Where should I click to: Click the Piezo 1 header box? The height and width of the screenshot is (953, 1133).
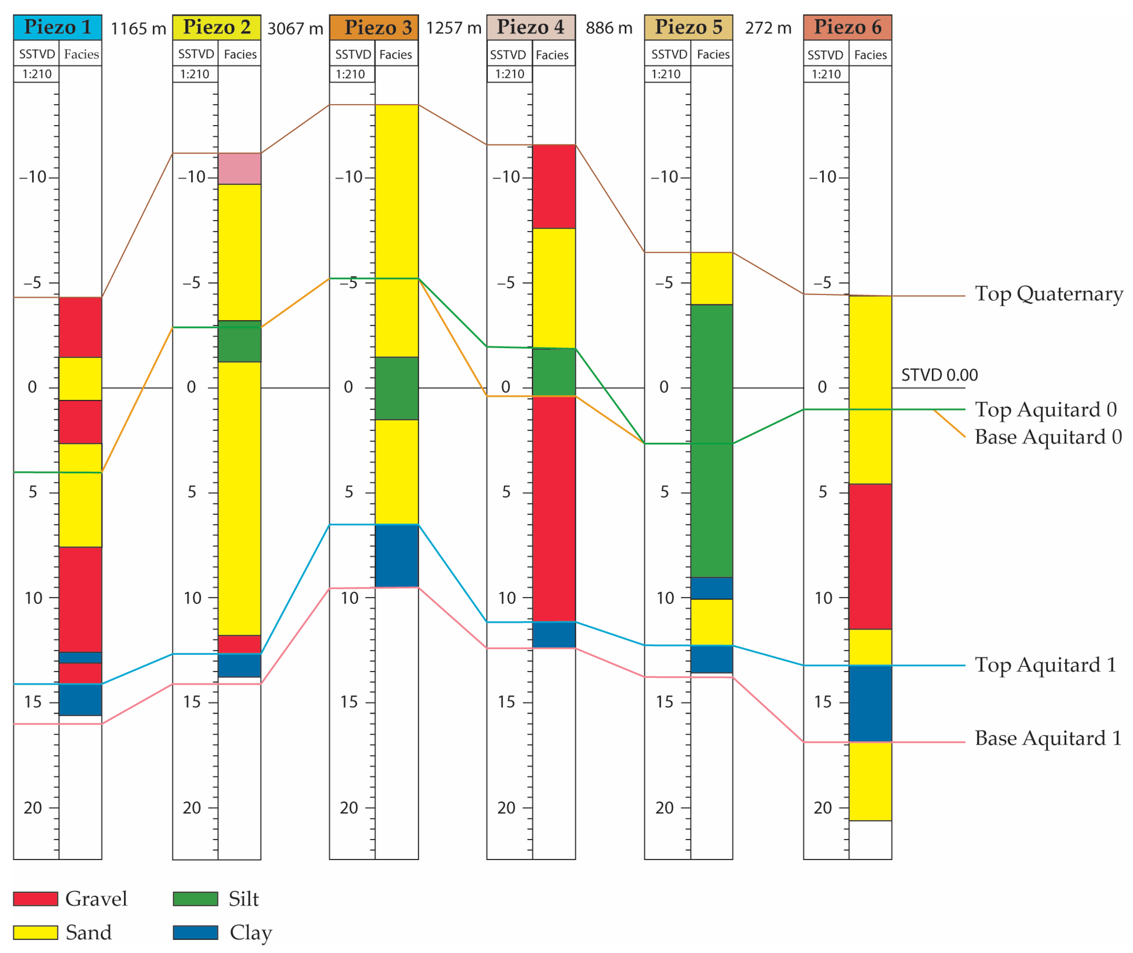pos(57,27)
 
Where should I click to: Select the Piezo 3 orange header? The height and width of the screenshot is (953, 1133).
pos(373,27)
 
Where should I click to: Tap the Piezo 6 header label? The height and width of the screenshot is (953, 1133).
pos(847,27)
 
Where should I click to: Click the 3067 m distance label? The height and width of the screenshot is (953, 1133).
pos(295,28)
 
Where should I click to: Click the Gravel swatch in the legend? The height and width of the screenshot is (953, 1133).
pos(35,899)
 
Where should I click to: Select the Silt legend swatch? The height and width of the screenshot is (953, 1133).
pos(195,899)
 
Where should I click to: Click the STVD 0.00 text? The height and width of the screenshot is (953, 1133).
pos(939,375)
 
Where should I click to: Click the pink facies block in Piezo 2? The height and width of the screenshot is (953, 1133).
pos(240,168)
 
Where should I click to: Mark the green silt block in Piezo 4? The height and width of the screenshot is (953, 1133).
pos(553,372)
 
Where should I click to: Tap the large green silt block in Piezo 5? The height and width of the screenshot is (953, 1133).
pos(712,440)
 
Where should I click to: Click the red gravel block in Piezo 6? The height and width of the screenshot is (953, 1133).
pos(870,557)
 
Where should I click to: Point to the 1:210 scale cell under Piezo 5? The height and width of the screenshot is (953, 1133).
pos(666,74)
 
